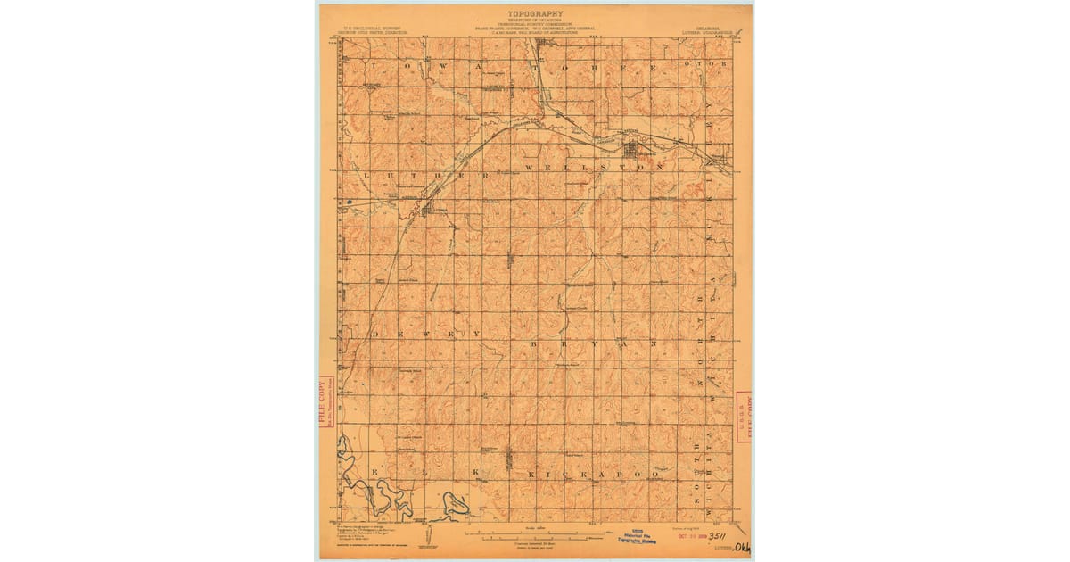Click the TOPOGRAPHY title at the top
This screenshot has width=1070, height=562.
[535, 14]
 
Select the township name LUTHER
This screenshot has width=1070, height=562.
[426, 176]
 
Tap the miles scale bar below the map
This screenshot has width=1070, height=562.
[535, 537]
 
